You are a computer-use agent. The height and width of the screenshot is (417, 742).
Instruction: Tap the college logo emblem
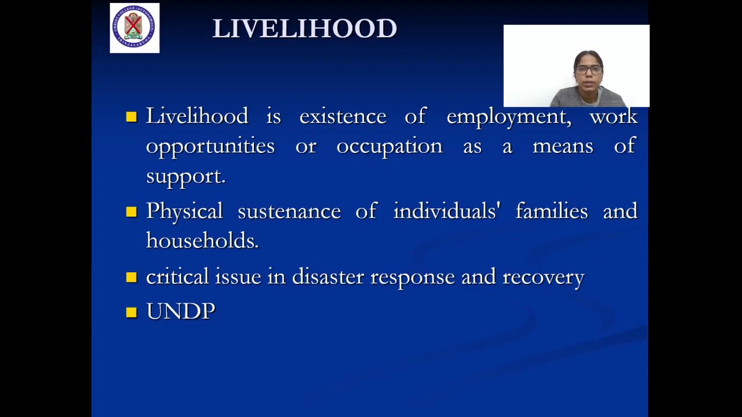click(134, 27)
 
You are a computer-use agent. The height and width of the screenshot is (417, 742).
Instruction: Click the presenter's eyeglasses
click(589, 70)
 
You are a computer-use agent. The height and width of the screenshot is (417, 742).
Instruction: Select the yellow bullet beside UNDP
click(131, 312)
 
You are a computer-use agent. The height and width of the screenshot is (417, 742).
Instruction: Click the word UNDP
click(180, 312)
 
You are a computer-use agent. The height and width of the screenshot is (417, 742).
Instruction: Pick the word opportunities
click(210, 147)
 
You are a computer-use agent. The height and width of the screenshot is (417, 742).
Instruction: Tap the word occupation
click(389, 147)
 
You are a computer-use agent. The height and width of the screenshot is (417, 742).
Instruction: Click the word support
click(185, 177)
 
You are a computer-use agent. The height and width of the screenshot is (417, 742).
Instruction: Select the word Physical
click(184, 211)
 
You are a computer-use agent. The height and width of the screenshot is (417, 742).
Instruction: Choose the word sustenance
click(289, 211)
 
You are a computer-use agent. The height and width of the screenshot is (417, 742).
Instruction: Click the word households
click(202, 240)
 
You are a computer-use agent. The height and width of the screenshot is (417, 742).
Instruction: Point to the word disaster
click(327, 277)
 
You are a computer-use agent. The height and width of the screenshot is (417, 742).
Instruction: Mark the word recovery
click(543, 277)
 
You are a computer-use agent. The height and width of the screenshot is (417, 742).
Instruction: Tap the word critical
click(177, 277)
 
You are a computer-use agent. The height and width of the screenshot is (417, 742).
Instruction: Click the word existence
click(343, 116)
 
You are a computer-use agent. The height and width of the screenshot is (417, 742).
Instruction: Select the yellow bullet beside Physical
click(131, 212)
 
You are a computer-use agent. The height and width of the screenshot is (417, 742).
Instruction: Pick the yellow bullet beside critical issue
click(131, 277)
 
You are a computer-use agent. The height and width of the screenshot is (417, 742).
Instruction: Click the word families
click(551, 211)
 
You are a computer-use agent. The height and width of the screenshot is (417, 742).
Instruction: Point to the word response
click(412, 277)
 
